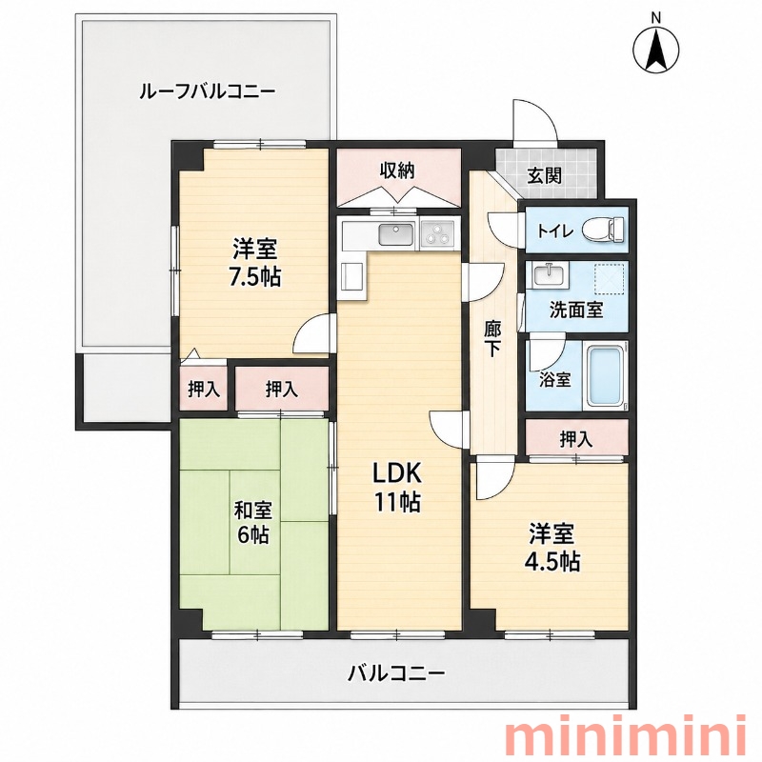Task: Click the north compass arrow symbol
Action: tap(656, 49)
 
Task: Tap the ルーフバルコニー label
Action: tap(208, 91)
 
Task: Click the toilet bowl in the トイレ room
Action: tap(603, 229)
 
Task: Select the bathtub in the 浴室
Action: tap(606, 376)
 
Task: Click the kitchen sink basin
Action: tap(396, 234)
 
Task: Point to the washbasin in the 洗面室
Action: tap(550, 275)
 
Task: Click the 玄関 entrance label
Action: tap(545, 175)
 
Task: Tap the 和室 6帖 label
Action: tap(253, 522)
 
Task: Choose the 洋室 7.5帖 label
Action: tap(255, 263)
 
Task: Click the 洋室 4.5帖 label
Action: tap(552, 547)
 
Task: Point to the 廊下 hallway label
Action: tap(492, 339)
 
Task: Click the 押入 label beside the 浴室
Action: tap(576, 439)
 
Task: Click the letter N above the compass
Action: tap(656, 18)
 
